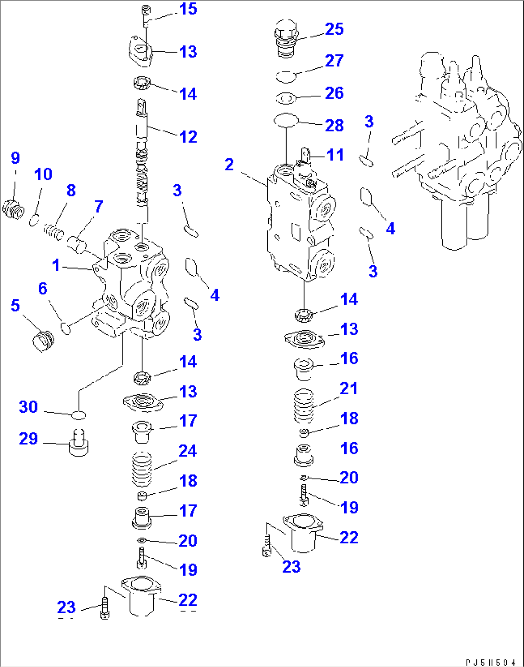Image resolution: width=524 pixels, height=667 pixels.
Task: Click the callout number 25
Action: point(334,29)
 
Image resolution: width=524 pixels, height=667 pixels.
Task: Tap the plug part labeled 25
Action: point(286,38)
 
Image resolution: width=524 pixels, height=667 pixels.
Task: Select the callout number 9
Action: point(15,158)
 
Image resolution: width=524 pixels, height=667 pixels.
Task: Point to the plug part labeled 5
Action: point(43,340)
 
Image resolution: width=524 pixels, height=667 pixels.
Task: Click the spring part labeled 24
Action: point(142,469)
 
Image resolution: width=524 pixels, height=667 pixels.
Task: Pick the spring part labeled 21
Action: point(303,406)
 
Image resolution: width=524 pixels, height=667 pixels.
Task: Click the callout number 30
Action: point(28,407)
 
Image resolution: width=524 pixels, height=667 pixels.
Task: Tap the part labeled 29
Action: point(78,443)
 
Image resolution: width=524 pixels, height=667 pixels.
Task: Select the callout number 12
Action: point(188,137)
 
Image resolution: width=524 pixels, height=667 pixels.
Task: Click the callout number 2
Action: point(229,165)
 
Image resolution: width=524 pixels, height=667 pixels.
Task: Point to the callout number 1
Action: point(56,265)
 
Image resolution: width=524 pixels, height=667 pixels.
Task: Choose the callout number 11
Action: point(335,155)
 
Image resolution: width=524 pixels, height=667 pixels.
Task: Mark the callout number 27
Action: point(334,61)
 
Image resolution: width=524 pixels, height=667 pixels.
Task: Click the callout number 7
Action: point(99,206)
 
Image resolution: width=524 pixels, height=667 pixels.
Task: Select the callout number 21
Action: point(349,388)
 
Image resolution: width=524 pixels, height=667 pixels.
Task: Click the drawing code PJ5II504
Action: point(490,663)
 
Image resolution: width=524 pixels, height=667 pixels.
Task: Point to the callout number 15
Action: point(188,9)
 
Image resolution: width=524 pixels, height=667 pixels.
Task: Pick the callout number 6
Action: point(43,288)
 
